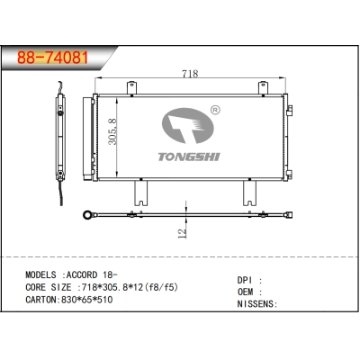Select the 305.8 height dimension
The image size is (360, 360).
(x=112, y=132)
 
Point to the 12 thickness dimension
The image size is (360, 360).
(x=182, y=232)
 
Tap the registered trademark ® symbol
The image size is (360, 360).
(x=214, y=112)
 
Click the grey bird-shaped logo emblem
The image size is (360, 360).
(x=188, y=126)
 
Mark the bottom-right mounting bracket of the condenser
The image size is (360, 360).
(x=249, y=192)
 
